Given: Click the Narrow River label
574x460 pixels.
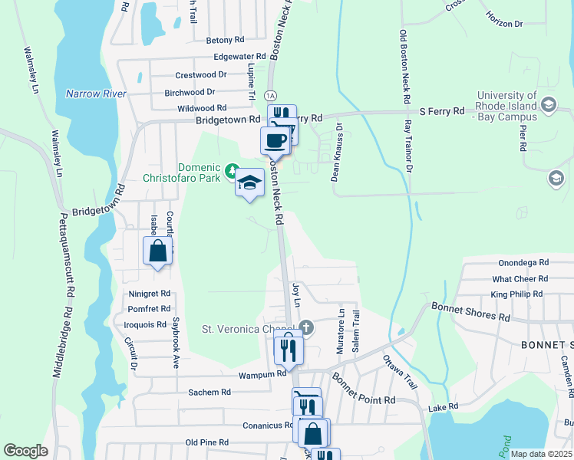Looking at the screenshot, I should (95, 94).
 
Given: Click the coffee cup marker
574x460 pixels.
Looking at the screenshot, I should (275, 140).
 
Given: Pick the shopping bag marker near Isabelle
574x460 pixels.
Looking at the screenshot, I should (157, 251).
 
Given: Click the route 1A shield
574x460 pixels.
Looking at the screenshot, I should (269, 95).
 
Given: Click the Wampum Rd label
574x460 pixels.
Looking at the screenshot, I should (262, 375).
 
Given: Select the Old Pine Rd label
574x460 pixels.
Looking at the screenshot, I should (207, 442).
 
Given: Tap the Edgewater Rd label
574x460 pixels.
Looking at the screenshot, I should (239, 56).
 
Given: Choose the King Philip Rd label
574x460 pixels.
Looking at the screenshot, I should (516, 294).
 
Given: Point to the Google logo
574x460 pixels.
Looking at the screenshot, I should (25, 451).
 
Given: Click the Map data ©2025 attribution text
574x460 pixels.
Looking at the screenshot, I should (540, 454).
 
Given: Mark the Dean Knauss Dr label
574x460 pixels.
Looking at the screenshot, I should (335, 153).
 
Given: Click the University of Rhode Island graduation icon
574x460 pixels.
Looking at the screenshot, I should (548, 103).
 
